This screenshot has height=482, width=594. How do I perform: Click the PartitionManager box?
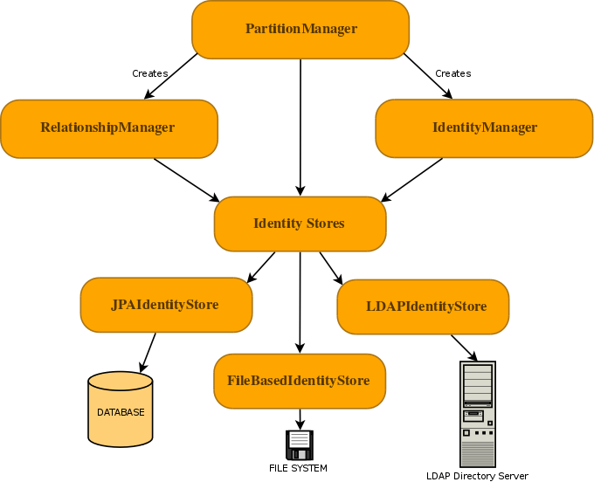[x=300, y=29]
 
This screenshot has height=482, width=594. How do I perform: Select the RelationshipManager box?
[x=108, y=128]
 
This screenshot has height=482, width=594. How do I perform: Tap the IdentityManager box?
[x=484, y=128]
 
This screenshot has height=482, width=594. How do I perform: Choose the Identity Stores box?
[x=300, y=224]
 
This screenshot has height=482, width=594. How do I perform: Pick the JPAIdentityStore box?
[x=166, y=305]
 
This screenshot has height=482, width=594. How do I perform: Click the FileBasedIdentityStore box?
[x=300, y=381]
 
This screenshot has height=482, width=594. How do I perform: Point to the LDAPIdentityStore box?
[x=423, y=306]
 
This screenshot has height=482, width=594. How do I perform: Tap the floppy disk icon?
[x=299, y=444]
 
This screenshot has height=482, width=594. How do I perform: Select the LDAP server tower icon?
[x=477, y=414]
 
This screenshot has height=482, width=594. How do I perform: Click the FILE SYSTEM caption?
[x=298, y=469]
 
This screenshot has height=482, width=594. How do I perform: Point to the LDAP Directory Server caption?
[x=477, y=476]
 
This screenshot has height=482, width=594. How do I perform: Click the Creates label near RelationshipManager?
[x=149, y=73]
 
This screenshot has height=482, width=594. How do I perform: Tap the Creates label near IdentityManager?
[x=452, y=73]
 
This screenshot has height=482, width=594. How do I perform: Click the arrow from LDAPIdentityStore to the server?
[x=464, y=348]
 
